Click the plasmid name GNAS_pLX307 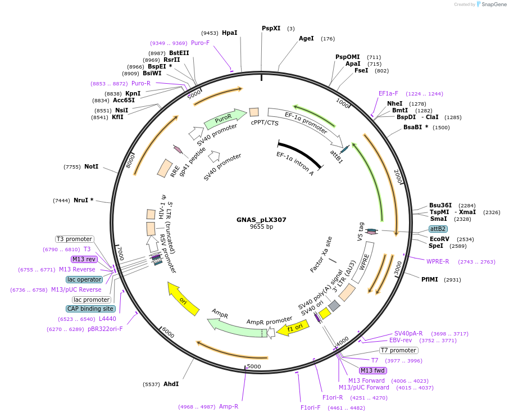(261, 220)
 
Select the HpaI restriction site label (229, 33)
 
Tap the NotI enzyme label (91, 166)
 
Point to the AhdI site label (171, 384)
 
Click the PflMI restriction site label (430, 279)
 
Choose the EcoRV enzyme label (439, 238)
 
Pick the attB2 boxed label (438, 229)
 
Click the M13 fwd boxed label (373, 370)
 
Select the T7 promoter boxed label (398, 350)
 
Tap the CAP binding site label (91, 309)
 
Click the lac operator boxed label (84, 279)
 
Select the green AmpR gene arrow (230, 324)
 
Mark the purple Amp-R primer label (229, 406)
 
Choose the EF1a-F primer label (388, 93)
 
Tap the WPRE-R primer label (438, 261)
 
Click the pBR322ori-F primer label (105, 329)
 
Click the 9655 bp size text (261, 227)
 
